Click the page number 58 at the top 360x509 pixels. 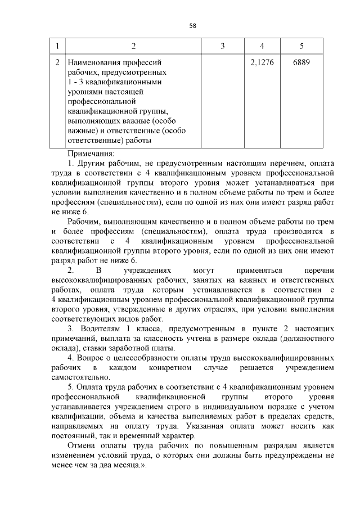(x=192, y=26)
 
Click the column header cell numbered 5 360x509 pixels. (x=301, y=46)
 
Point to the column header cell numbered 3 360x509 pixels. (x=222, y=46)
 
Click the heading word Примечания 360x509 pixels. (x=91, y=153)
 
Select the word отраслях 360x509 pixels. (x=209, y=309)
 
